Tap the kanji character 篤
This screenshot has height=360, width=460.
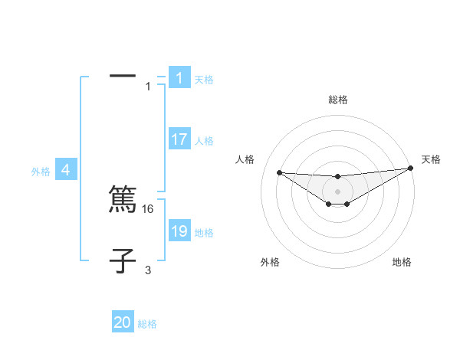click(123, 200)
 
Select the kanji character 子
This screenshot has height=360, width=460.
click(123, 261)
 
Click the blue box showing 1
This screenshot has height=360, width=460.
click(179, 78)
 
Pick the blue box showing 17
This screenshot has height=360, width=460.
click(179, 139)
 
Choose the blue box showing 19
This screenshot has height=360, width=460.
click(179, 231)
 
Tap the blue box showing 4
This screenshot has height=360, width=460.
click(66, 170)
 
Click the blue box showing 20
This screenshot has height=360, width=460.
click(123, 322)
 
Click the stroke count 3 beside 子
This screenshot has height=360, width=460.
click(148, 270)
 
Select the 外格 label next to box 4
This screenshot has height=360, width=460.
click(41, 172)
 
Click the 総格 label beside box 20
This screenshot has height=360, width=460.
click(147, 324)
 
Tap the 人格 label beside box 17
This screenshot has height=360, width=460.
click(204, 141)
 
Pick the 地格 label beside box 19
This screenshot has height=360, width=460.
click(204, 233)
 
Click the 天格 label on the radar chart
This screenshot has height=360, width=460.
click(431, 159)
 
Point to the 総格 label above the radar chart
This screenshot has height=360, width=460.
click(338, 100)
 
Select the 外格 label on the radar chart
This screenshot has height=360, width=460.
click(270, 262)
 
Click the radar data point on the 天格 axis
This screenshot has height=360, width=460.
click(410, 169)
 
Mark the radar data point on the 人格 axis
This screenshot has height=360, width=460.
click(279, 172)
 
